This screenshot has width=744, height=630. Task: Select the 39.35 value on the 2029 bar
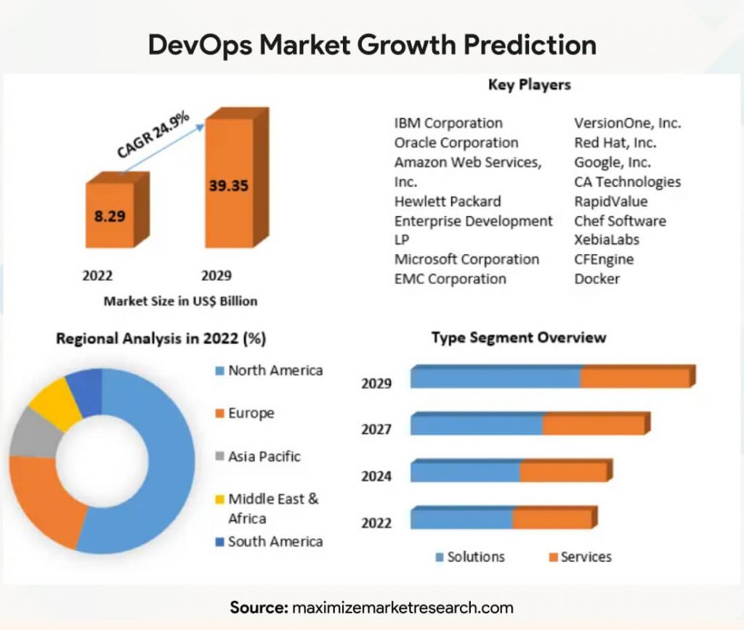click(228, 186)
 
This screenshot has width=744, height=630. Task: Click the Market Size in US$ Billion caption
click(180, 300)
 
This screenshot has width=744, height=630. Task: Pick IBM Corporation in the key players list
click(448, 123)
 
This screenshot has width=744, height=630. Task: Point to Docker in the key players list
click(597, 279)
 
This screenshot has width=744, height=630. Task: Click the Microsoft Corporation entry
click(466, 259)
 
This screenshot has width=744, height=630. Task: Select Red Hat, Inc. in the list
click(615, 142)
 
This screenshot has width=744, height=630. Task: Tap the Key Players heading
click(529, 85)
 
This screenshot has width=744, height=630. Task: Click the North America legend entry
click(275, 370)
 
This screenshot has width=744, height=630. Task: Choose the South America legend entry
click(275, 541)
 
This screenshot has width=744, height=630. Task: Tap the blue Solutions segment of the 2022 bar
click(462, 519)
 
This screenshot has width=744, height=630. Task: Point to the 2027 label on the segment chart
click(376, 429)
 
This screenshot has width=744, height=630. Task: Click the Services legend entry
click(586, 557)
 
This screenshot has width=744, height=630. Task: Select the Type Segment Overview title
click(519, 337)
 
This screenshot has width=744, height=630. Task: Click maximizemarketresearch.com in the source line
click(403, 607)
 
